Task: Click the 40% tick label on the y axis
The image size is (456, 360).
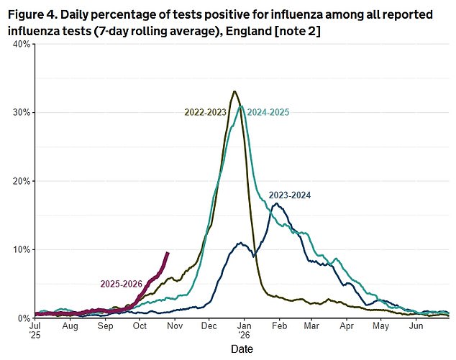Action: [19, 44]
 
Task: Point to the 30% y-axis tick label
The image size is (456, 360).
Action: [19, 112]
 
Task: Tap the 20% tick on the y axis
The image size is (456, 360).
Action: [19, 181]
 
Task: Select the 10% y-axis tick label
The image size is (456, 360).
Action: [19, 249]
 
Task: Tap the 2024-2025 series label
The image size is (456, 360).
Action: [269, 111]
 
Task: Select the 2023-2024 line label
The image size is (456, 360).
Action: [291, 195]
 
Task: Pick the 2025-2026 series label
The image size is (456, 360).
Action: [121, 283]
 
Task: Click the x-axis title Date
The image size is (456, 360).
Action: [241, 349]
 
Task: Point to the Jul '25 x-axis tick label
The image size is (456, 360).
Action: [35, 331]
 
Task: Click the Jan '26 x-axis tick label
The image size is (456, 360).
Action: [244, 331]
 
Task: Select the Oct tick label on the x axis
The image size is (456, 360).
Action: [140, 326]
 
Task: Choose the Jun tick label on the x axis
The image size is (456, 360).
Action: [415, 326]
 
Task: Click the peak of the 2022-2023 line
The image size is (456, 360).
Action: [234, 91]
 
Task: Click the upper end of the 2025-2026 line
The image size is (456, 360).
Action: [168, 252]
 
